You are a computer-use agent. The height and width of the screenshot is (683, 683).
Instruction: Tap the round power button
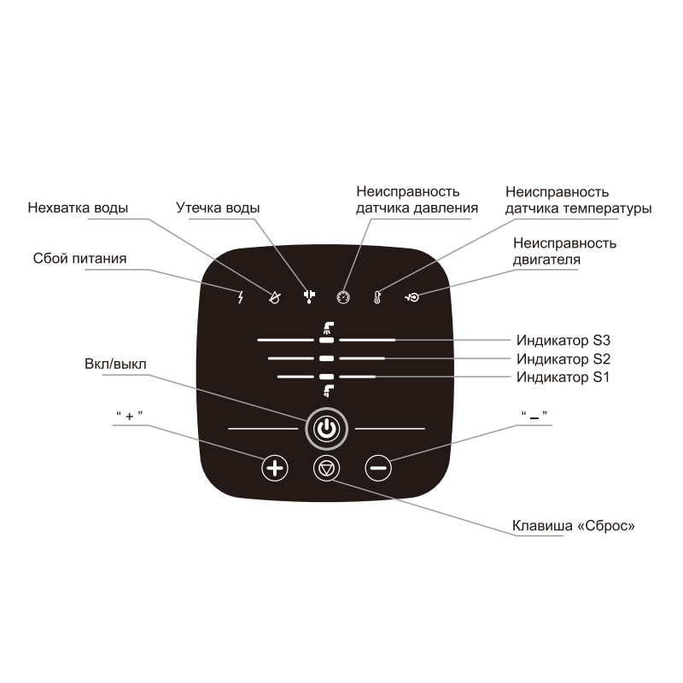(x=327, y=429)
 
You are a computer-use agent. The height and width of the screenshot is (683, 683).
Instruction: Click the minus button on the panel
(x=378, y=468)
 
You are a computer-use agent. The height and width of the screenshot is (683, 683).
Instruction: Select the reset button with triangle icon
(x=327, y=468)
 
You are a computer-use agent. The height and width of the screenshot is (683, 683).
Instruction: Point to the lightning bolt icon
(x=240, y=297)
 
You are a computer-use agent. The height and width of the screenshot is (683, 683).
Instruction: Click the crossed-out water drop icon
(x=274, y=297)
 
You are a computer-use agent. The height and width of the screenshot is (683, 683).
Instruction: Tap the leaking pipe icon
(x=309, y=296)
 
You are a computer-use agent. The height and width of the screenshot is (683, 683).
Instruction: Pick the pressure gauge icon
(x=343, y=297)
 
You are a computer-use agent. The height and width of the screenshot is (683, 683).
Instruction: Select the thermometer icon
(x=377, y=297)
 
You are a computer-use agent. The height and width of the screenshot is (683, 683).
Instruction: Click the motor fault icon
(x=412, y=297)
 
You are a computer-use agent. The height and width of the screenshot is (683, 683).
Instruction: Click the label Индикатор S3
(x=563, y=340)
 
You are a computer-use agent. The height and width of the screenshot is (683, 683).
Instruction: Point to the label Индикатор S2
(x=563, y=359)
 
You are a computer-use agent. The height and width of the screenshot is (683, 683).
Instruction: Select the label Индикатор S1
(x=563, y=377)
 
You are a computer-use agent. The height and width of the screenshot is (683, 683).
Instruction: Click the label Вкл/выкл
(x=115, y=364)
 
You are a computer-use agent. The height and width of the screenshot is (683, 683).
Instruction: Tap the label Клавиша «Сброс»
(x=573, y=526)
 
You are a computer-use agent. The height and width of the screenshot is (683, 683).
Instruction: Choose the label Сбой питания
(x=79, y=259)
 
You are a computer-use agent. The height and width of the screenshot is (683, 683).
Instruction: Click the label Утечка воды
(x=218, y=207)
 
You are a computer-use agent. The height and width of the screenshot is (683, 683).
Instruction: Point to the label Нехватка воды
(x=78, y=207)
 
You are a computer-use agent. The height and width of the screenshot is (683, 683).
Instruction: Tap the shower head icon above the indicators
(x=328, y=329)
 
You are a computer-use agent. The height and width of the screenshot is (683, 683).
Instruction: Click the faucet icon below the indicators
(x=329, y=391)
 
